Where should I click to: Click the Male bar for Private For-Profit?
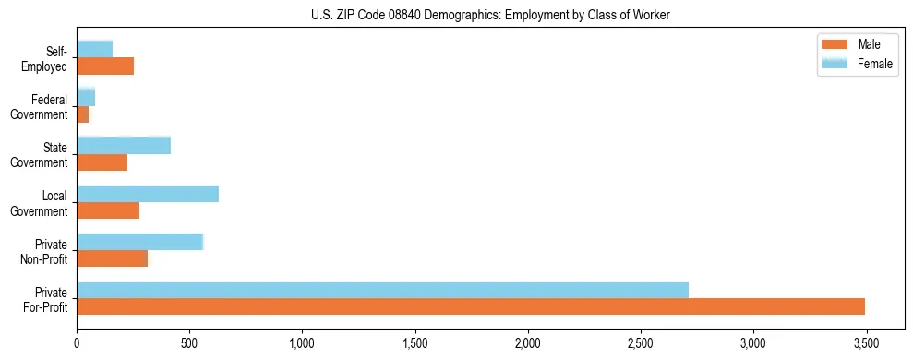point(471,306)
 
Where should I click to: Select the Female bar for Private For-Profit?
point(382,290)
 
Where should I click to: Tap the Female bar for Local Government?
point(148,194)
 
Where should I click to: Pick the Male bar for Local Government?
point(108,210)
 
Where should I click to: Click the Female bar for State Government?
point(124,145)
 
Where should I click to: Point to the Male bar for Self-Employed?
point(105,66)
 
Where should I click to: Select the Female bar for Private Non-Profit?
point(139,242)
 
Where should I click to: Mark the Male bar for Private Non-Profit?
point(112,258)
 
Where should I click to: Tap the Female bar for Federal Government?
point(86,97)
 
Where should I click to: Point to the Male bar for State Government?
point(102,162)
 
